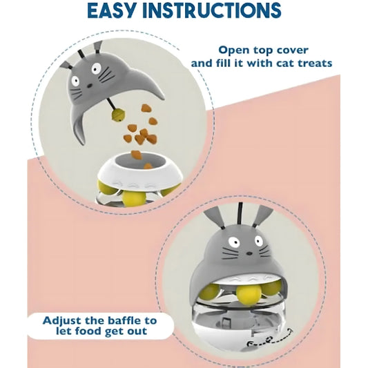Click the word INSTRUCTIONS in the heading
212,10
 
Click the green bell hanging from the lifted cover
118,115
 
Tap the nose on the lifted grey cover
90,86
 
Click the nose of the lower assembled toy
249,253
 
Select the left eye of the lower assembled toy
234,242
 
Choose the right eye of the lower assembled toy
259,240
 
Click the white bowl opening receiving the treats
140,162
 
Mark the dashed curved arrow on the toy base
270,339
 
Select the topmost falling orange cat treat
146,108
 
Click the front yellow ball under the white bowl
134,199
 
